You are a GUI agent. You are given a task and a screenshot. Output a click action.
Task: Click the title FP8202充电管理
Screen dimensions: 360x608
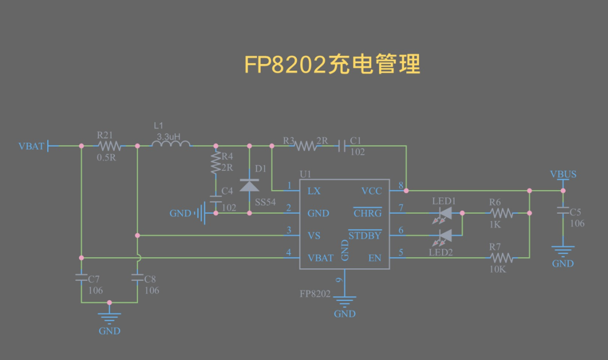[332, 65]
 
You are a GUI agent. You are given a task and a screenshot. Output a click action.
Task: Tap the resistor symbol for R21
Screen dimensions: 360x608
[109, 146]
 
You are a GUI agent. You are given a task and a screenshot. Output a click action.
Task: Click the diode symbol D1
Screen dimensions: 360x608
[249, 185]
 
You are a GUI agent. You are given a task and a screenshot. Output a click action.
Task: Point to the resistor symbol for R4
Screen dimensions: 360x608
[216, 164]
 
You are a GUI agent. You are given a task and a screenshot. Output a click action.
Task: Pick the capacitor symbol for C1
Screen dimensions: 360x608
[342, 146]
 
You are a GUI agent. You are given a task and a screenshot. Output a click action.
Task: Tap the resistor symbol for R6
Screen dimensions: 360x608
[500, 213]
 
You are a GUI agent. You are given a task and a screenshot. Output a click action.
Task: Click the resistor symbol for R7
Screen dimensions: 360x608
[500, 258]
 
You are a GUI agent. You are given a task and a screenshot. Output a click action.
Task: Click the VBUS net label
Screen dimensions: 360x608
[563, 174]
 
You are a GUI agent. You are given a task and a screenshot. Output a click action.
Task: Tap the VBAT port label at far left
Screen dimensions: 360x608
[31, 146]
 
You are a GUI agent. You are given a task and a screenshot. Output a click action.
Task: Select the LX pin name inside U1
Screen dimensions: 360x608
[314, 191]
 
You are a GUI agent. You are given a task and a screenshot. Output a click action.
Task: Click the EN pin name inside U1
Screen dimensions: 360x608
[375, 258]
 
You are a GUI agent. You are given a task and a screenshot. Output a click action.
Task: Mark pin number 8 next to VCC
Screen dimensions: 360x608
[401, 185]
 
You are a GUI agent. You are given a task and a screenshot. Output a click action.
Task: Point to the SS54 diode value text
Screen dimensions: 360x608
[265, 202]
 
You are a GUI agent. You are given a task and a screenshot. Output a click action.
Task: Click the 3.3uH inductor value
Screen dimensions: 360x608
[168, 137]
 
